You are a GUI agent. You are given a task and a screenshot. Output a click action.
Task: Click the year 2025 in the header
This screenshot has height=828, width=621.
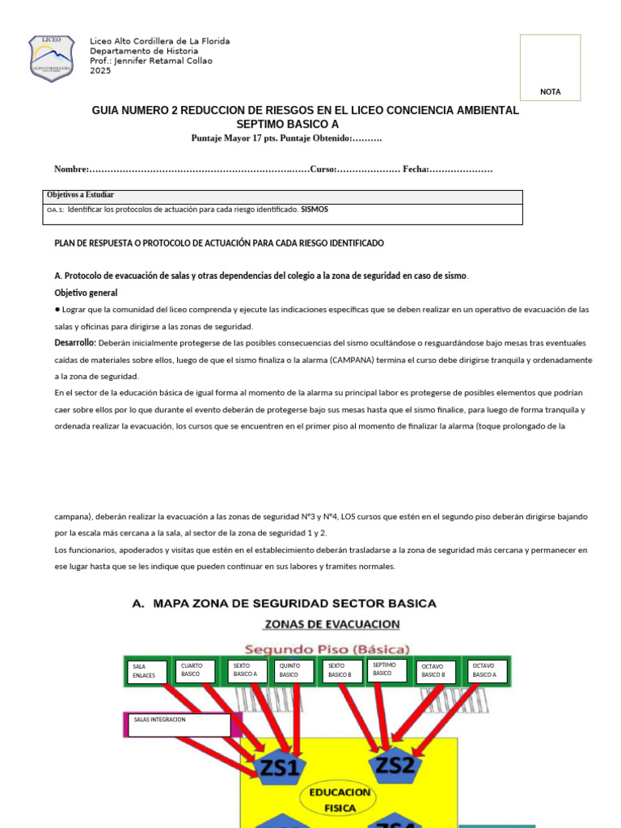(x=100, y=71)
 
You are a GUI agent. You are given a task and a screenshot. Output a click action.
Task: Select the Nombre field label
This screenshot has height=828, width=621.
(x=70, y=169)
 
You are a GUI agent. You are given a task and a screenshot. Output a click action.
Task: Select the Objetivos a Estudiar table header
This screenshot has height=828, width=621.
(x=81, y=196)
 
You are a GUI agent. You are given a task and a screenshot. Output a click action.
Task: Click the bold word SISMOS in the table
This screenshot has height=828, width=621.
(x=315, y=209)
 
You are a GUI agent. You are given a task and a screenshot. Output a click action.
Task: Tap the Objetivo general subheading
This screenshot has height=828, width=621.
(x=86, y=293)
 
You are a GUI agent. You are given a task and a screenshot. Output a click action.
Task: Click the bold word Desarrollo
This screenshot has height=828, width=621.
(x=75, y=343)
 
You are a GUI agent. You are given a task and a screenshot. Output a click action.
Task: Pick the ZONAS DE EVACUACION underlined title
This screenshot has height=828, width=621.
(x=332, y=624)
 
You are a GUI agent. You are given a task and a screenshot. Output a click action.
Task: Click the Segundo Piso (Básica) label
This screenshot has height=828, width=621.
(x=327, y=649)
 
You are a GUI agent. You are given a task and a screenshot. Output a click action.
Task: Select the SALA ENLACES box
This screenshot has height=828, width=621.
(x=146, y=671)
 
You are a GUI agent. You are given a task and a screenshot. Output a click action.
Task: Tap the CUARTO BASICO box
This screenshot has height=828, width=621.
(x=197, y=670)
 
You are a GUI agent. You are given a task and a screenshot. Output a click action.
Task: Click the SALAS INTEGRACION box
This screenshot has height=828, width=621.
(x=179, y=724)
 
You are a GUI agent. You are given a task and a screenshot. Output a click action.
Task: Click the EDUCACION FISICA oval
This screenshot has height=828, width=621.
(x=339, y=800)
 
